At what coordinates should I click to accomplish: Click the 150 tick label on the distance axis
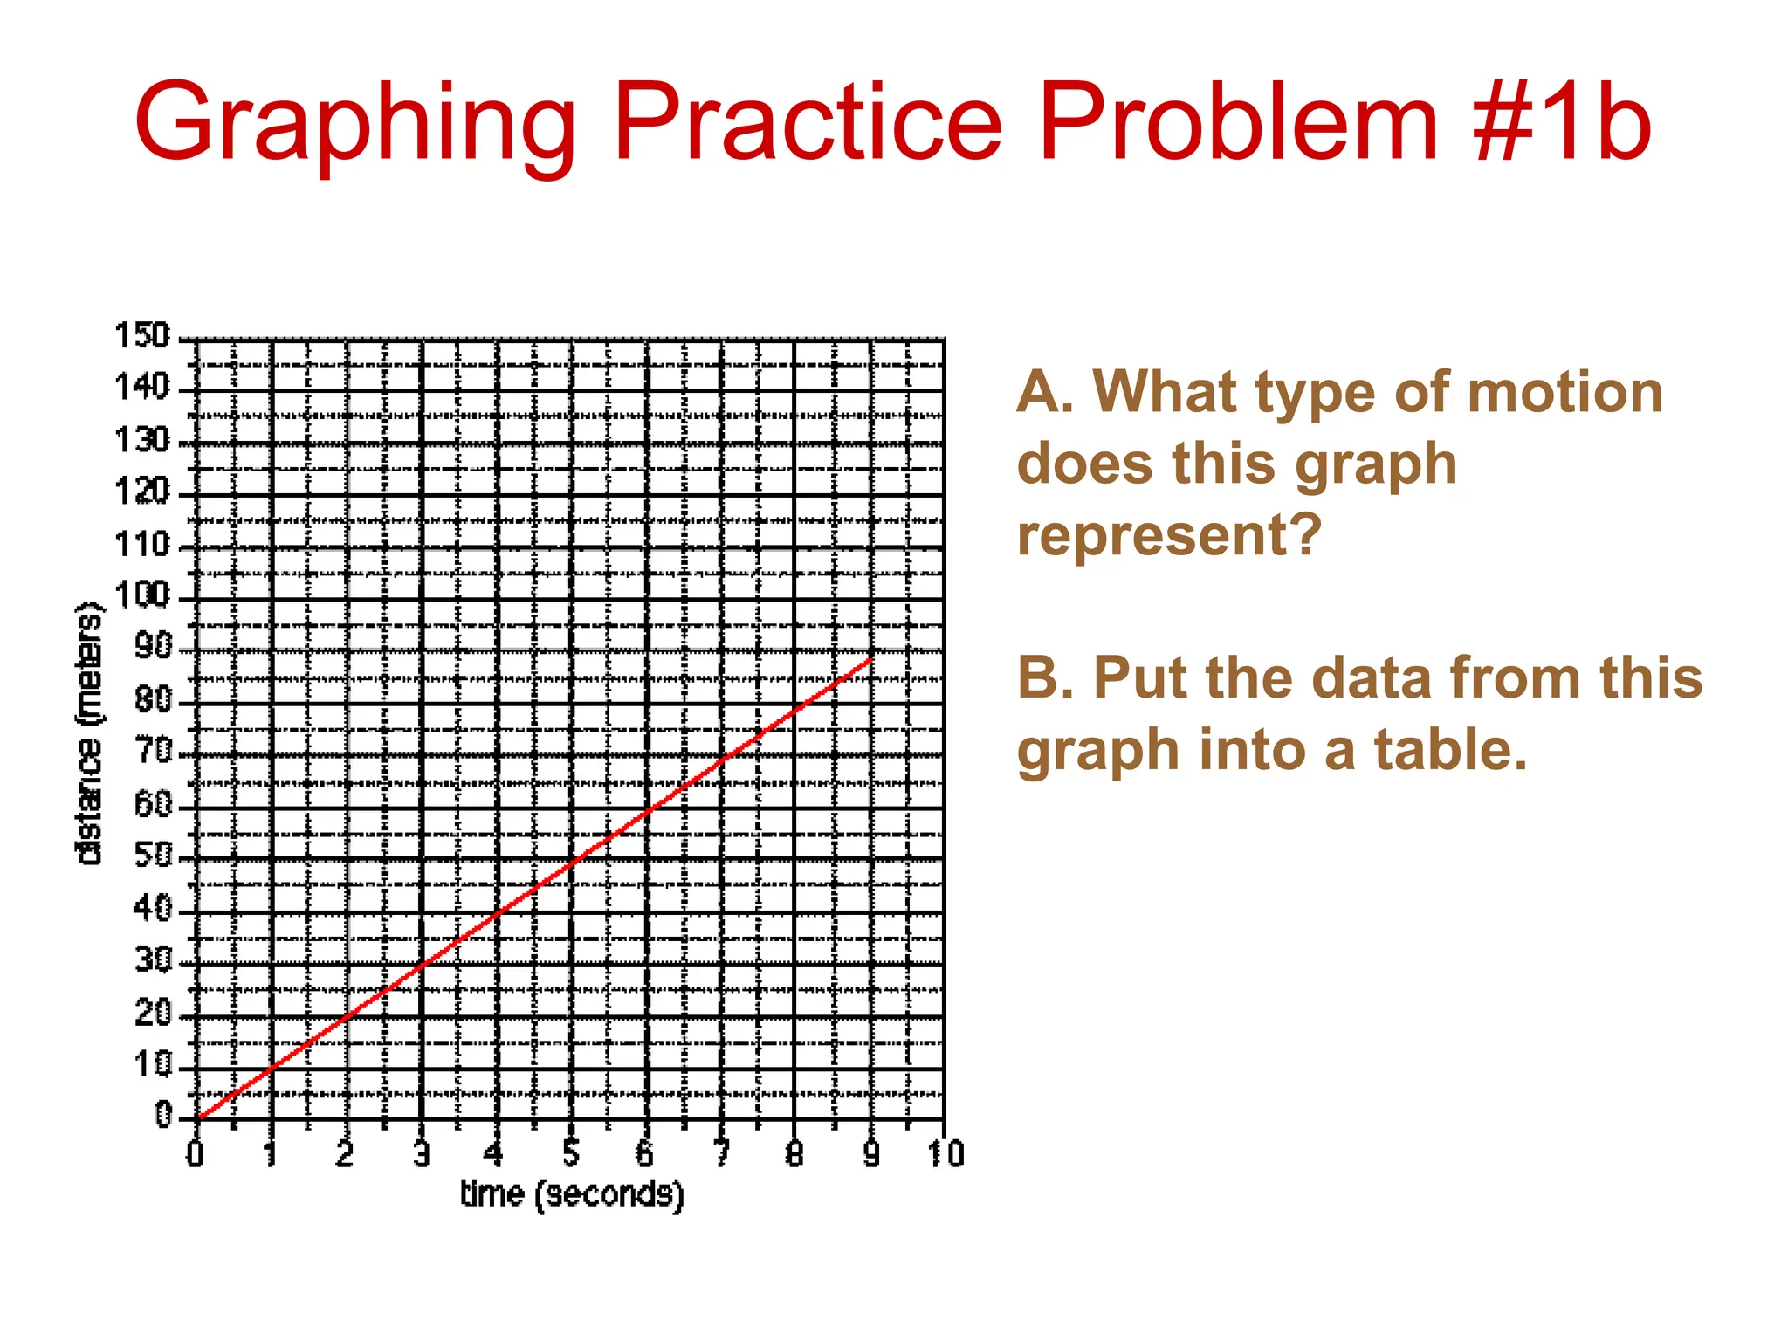pyautogui.click(x=141, y=335)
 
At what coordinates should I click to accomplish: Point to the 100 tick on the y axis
pyautogui.click(x=141, y=596)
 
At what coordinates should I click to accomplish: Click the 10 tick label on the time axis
pyautogui.click(x=946, y=1154)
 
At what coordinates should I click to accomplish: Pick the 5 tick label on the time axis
pyautogui.click(x=571, y=1154)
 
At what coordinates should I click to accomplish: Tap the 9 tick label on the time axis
pyautogui.click(x=870, y=1154)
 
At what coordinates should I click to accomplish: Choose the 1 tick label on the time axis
pyautogui.click(x=271, y=1154)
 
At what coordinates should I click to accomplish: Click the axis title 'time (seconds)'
pyautogui.click(x=572, y=1194)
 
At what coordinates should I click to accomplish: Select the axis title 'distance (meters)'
pyautogui.click(x=89, y=733)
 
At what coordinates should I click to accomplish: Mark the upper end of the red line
pyautogui.click(x=871, y=659)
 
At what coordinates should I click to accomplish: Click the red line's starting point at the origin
pyautogui.click(x=199, y=1117)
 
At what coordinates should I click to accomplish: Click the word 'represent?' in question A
pyautogui.click(x=1170, y=534)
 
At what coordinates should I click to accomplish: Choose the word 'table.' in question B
pyautogui.click(x=1450, y=750)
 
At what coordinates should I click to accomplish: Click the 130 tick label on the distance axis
pyautogui.click(x=141, y=440)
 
